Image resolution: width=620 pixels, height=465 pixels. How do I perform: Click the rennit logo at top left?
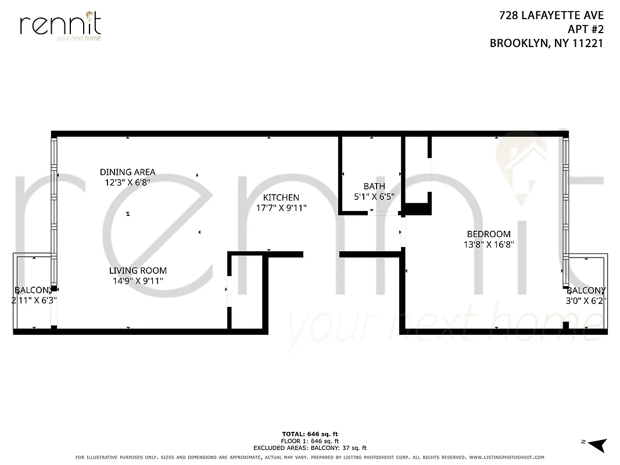tap(60, 26)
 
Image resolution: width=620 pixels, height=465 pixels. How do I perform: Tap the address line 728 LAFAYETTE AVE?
tap(551, 16)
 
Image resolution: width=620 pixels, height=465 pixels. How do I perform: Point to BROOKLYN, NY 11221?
tap(546, 42)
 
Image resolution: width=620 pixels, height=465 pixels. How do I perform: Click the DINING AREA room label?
tap(127, 172)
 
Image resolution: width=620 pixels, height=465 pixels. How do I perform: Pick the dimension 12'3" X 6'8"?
tap(127, 183)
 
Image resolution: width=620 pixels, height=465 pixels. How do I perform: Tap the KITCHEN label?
tap(281, 198)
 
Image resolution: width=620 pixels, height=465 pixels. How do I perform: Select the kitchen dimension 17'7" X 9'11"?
tap(281, 208)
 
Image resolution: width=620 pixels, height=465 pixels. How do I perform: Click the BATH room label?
tap(374, 186)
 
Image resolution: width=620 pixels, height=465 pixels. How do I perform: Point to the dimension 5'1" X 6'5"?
tap(374, 196)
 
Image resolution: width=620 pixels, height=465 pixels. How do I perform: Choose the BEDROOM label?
tap(489, 234)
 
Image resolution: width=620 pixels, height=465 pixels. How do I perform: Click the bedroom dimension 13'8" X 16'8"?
tap(489, 245)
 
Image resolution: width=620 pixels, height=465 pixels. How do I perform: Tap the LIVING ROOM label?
tap(138, 270)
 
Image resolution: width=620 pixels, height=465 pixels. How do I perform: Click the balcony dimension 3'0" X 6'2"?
tap(586, 301)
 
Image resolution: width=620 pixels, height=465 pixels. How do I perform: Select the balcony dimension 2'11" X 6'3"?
tap(34, 301)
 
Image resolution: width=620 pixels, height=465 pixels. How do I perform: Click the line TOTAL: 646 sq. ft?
tap(310, 434)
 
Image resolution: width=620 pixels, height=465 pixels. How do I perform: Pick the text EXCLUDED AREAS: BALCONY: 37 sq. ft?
tap(310, 448)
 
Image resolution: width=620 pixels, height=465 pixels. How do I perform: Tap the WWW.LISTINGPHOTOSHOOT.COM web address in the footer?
tap(506, 457)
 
